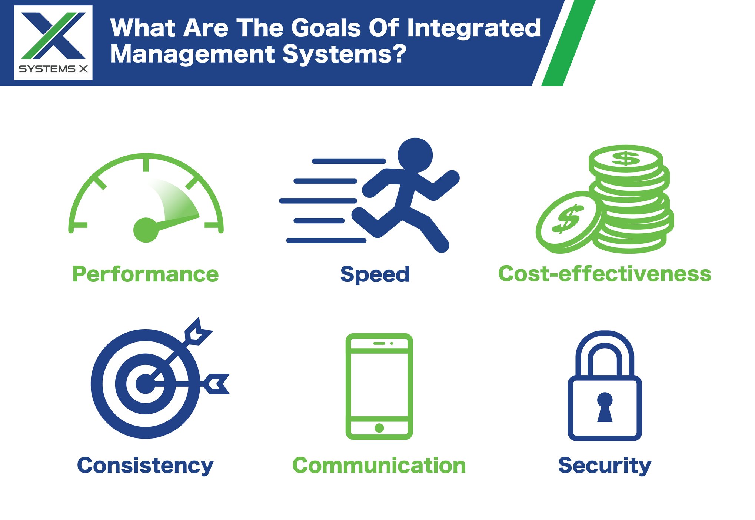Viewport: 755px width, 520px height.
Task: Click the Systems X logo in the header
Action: click(53, 42)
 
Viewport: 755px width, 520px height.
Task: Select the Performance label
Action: click(145, 274)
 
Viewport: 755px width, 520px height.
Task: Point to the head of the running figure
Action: click(415, 155)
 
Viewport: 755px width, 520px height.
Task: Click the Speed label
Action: click(375, 274)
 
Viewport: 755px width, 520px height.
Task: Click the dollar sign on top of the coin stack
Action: click(625, 159)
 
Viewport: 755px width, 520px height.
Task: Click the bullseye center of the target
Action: click(145, 384)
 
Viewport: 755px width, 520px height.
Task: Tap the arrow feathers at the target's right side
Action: click(217, 384)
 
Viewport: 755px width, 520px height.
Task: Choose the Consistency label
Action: click(145, 466)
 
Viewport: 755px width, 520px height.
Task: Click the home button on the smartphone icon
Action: click(379, 428)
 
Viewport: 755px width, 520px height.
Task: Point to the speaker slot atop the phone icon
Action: click(379, 343)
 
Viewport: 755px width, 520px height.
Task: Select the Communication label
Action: click(379, 466)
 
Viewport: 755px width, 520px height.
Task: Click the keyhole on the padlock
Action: click(605, 407)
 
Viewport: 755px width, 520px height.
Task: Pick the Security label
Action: click(605, 466)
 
